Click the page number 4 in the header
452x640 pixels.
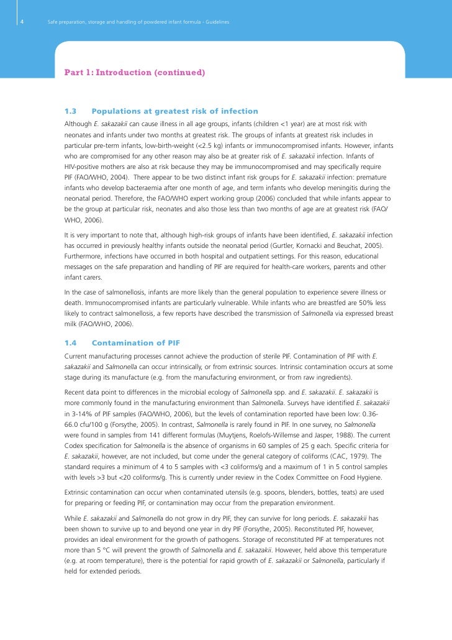[22, 22]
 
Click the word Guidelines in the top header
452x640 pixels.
[217, 22]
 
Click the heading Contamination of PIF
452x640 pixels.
[135, 343]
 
